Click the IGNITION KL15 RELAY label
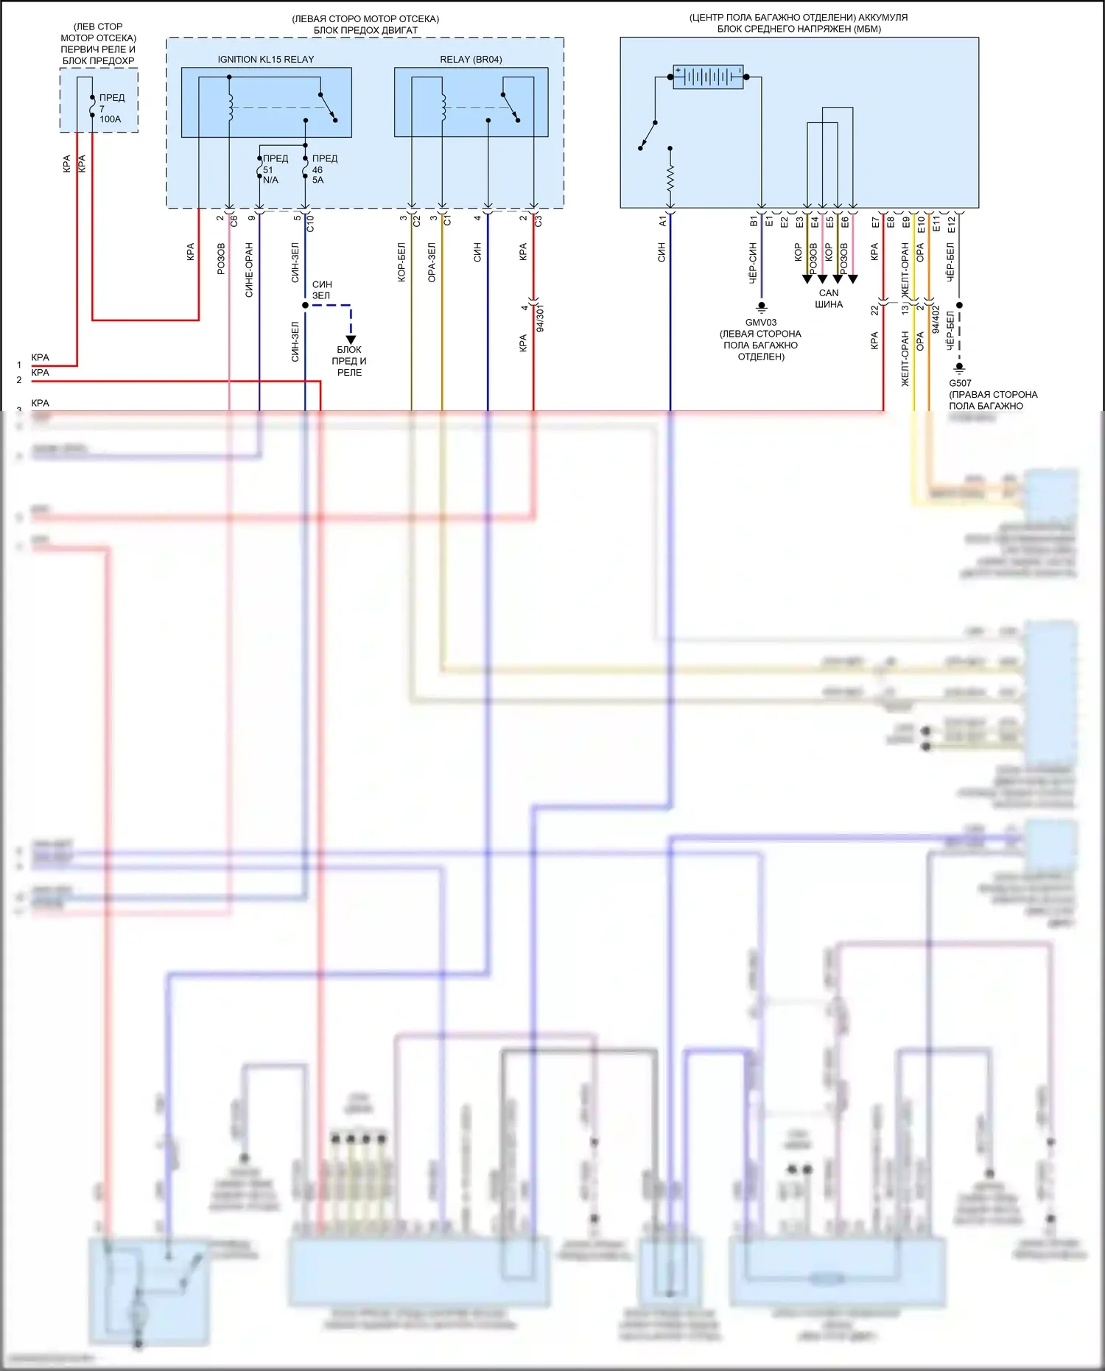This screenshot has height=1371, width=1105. [265, 60]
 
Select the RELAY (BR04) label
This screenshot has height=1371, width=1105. [471, 60]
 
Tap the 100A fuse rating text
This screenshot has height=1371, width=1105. [110, 119]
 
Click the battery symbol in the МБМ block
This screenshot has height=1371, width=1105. [708, 77]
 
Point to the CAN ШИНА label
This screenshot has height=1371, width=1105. [829, 298]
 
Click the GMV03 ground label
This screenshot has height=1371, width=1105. [760, 323]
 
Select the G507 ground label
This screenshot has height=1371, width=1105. [960, 383]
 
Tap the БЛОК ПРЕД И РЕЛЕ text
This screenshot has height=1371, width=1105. [349, 361]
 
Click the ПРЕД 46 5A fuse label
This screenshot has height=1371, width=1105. [323, 169]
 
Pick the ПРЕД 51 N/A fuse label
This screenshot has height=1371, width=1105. [273, 169]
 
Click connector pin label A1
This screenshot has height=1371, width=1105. [662, 220]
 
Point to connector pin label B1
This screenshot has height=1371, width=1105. [754, 220]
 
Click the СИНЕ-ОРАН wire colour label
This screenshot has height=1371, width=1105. [249, 270]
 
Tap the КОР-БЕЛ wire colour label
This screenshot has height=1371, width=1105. [401, 262]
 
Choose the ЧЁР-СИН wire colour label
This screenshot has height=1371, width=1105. [753, 263]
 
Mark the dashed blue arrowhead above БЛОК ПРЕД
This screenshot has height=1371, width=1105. [351, 340]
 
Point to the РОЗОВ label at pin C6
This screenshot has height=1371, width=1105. [221, 259]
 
